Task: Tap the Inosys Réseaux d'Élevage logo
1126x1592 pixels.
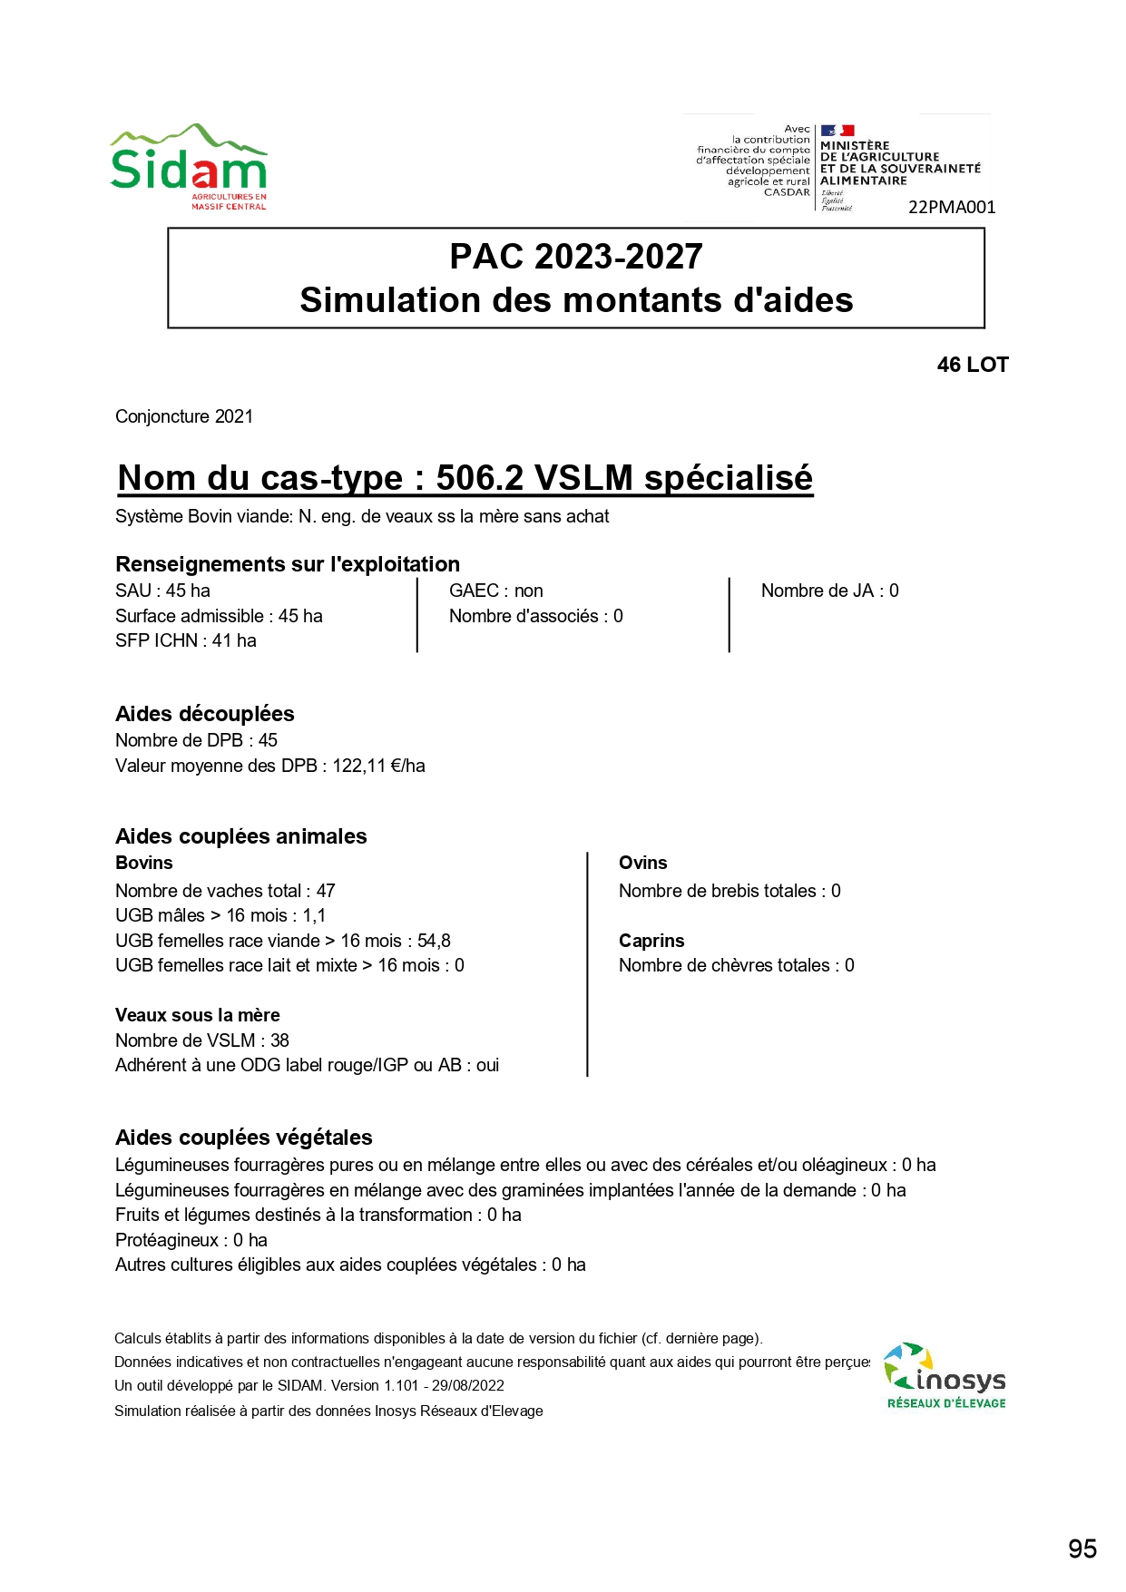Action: [945, 1376]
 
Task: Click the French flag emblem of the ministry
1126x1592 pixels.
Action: [837, 131]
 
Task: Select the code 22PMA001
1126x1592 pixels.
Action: [952, 207]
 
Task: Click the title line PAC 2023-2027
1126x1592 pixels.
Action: [576, 257]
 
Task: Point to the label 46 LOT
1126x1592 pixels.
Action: [973, 365]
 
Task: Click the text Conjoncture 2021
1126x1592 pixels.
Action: [184, 416]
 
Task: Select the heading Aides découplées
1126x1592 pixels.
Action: [205, 714]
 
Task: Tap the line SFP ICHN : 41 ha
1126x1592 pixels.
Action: [186, 640]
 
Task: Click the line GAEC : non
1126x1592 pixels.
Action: [496, 591]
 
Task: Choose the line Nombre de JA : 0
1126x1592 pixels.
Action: [829, 591]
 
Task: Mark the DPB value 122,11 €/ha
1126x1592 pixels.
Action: [378, 766]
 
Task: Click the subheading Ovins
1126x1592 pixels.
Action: [642, 863]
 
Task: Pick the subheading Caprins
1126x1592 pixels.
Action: [651, 941]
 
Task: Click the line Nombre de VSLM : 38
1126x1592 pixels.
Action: [202, 1040]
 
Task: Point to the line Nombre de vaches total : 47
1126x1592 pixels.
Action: [225, 891]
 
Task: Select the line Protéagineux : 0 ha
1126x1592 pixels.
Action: [191, 1240]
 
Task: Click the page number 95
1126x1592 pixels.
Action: [1082, 1549]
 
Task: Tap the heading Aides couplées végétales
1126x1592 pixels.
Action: [244, 1138]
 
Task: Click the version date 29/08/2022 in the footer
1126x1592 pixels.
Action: [468, 1385]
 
